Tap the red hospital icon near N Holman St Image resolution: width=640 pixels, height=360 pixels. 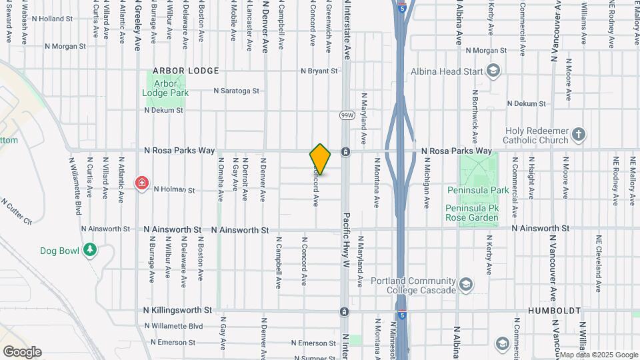pos(142,183)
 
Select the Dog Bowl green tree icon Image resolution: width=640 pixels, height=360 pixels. pos(90,250)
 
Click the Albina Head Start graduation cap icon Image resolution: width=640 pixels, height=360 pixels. pos(493,71)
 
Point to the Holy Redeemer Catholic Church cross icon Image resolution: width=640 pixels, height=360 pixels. pos(579,135)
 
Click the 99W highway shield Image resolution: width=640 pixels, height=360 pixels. pos(346,115)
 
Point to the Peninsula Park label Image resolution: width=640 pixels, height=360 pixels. pos(477,190)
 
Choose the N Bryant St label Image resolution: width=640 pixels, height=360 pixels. pos(319,71)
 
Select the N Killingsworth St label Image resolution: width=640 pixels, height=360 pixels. pos(177,311)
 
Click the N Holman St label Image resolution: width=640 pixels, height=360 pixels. pos(173,190)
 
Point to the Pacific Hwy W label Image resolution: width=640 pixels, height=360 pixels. pos(347,240)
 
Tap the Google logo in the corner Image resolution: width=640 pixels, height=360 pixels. pos(22,351)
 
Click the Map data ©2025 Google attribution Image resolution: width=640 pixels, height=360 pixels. pos(598,355)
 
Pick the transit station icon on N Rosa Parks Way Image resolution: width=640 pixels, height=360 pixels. pos(345,151)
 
